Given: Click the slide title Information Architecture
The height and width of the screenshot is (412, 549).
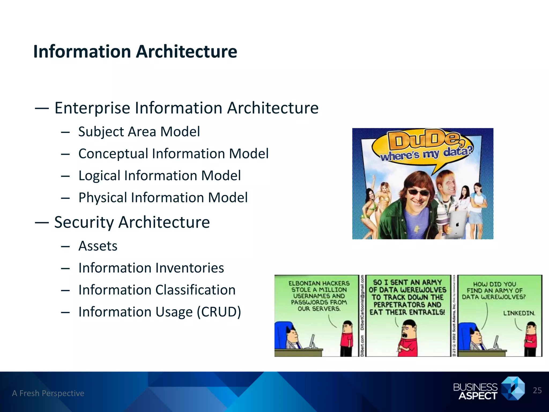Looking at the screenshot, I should coord(135,51).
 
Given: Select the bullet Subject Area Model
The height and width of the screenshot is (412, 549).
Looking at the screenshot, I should coord(139,132).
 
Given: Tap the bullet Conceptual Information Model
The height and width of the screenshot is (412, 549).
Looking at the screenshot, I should coord(173,154).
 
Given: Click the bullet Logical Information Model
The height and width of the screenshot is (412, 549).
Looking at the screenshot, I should coord(159,176).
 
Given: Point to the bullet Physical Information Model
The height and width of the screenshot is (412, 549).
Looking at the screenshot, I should coord(163,198).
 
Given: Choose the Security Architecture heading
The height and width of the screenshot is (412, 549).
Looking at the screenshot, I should coord(132,222).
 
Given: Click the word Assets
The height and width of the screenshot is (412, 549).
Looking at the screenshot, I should coord(98,246).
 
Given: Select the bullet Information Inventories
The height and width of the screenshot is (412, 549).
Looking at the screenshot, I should coord(151,268).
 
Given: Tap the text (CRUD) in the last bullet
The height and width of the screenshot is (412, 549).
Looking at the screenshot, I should coord(219,312).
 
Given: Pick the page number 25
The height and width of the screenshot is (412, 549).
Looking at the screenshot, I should coord(537,391).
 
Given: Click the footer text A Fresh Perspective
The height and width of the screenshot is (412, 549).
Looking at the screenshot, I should coord(48,393).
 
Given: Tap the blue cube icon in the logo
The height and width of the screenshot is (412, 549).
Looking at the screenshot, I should coord(513,388).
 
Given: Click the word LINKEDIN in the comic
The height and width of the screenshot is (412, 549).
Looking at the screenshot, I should coord(519,313).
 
